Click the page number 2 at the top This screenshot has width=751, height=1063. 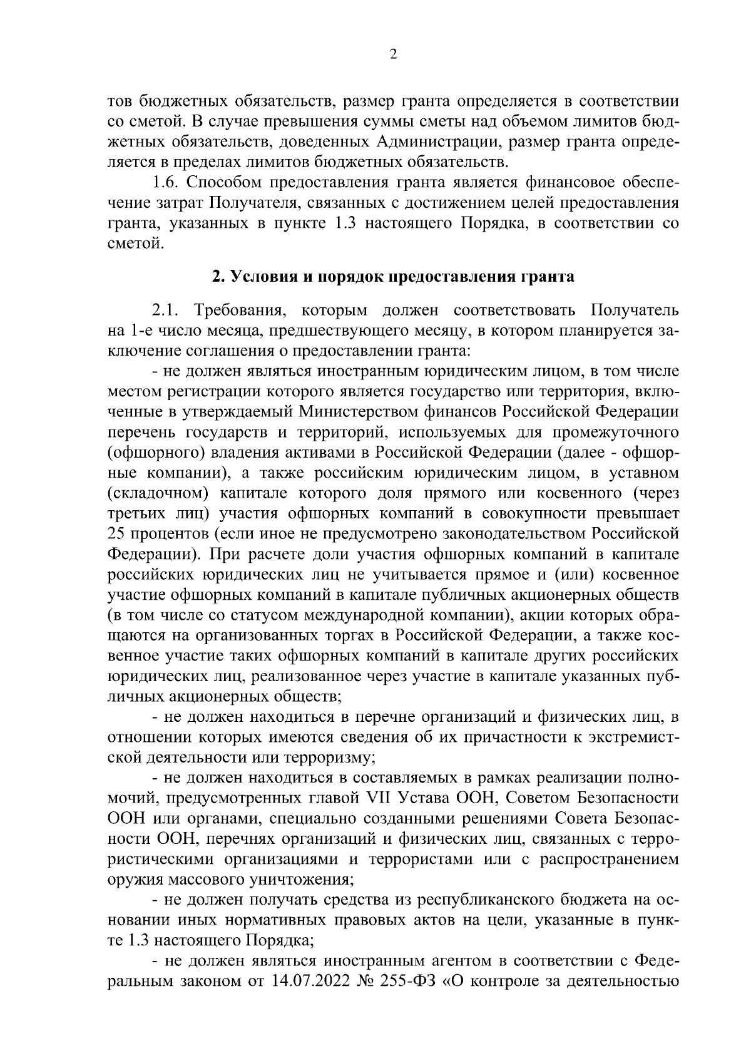(x=393, y=55)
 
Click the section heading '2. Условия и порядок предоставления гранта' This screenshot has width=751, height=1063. (x=392, y=277)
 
